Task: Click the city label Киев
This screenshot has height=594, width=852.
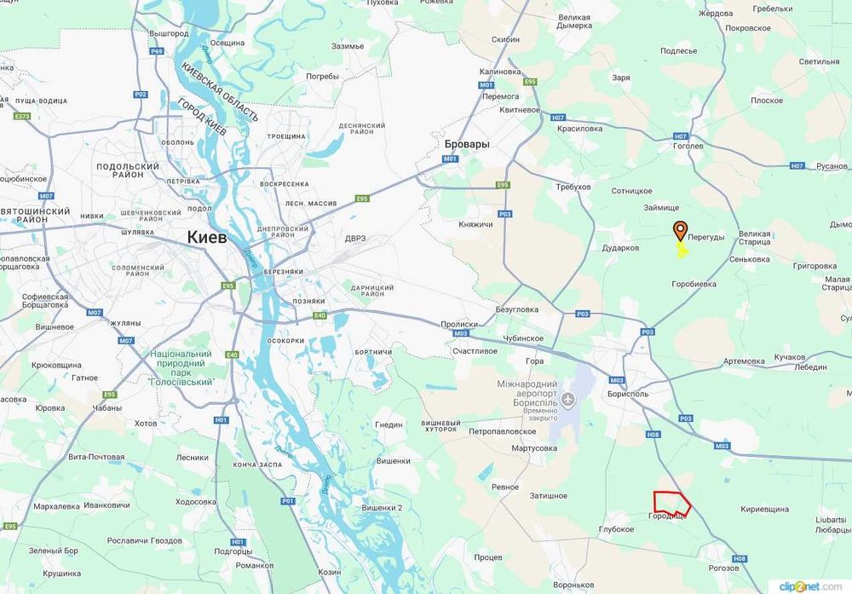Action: tap(207, 237)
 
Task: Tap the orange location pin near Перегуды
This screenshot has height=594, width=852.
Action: tap(680, 231)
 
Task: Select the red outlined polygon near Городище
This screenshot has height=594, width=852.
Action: tap(671, 504)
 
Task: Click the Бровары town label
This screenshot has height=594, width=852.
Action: tap(467, 144)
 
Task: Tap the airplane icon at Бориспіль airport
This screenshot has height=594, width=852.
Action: tap(569, 400)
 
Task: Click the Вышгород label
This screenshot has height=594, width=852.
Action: tap(169, 33)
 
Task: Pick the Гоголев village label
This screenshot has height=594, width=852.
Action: tap(688, 147)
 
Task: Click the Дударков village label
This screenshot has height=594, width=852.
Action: tap(621, 248)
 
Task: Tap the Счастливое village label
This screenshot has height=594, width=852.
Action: tap(475, 350)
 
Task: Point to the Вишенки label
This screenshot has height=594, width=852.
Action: tap(393, 460)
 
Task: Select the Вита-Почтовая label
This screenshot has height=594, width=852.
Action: tap(96, 458)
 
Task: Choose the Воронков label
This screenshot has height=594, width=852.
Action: tap(573, 585)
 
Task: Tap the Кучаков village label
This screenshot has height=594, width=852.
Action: tap(790, 357)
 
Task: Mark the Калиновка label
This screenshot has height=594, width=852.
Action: tap(500, 72)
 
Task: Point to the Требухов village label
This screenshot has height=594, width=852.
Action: tap(573, 187)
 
